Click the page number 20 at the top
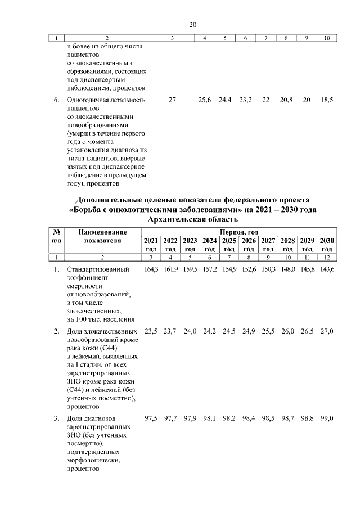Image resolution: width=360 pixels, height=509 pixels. (192, 24)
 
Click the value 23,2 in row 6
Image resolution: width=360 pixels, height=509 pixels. (245, 100)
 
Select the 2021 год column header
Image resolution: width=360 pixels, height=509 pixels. (151, 245)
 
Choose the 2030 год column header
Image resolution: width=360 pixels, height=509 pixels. (327, 245)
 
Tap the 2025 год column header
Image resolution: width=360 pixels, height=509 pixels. (229, 245)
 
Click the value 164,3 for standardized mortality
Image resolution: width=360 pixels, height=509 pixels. (152, 269)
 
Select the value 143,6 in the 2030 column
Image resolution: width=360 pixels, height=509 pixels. (327, 269)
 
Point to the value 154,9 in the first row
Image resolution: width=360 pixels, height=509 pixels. (229, 269)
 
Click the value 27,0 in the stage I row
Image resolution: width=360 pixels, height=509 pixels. (327, 331)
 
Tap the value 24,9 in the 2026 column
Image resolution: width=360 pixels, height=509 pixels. (248, 331)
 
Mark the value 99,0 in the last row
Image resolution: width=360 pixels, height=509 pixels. (327, 418)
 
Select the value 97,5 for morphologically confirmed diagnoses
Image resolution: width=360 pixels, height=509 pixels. (152, 418)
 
